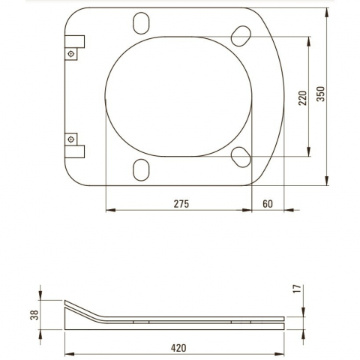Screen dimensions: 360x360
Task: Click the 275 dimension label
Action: pyautogui.click(x=181, y=204)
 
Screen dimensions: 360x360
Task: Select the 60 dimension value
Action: pyautogui.click(x=268, y=204)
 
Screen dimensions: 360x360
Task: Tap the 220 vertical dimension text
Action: pyautogui.click(x=302, y=98)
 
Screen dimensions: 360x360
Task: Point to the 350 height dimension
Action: pyautogui.click(x=321, y=94)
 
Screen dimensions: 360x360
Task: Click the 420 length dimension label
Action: pyautogui.click(x=178, y=348)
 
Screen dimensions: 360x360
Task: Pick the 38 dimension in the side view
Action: pyautogui.click(x=34, y=315)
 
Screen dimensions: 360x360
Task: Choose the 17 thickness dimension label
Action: pyautogui.click(x=298, y=289)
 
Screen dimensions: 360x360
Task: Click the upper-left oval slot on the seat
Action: pyautogui.click(x=141, y=23)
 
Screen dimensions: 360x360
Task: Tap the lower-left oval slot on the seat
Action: pyautogui.click(x=141, y=170)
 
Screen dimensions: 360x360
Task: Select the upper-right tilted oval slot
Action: pyautogui.click(x=241, y=36)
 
